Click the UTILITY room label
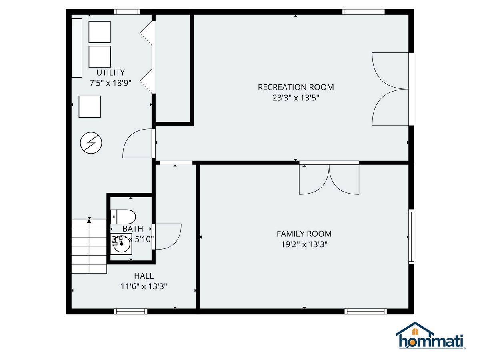[110, 72]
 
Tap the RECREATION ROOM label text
[296, 87]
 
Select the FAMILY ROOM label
[304, 234]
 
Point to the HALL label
[144, 276]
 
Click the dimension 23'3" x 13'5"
[296, 98]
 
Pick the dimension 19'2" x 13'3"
[304, 244]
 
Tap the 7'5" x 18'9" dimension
[110, 83]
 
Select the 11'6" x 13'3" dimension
[144, 286]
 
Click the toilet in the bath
[123, 217]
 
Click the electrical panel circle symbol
[91, 143]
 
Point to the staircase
[89, 246]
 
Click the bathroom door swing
[168, 236]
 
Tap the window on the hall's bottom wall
[130, 312]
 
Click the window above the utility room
[127, 12]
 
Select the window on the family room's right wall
[411, 236]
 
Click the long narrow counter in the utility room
[77, 48]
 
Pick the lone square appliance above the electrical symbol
[90, 107]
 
